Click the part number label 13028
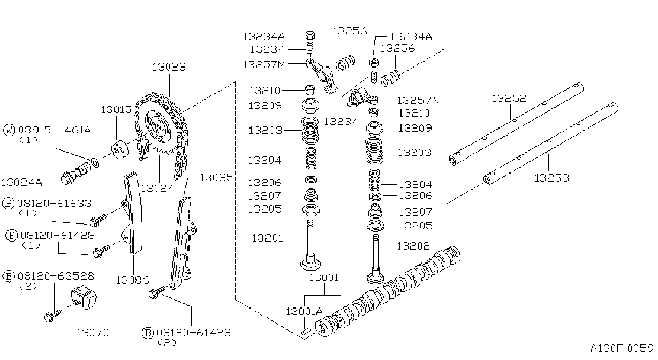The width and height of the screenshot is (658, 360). click(169, 67)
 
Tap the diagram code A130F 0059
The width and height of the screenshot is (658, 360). click(622, 349)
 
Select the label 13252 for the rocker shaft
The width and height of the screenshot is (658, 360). click(509, 99)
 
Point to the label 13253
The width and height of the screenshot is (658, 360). click(551, 178)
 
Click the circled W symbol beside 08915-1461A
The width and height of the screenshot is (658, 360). click(9, 130)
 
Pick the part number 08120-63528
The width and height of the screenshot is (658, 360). click(56, 276)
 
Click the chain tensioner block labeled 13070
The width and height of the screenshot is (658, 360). click(84, 297)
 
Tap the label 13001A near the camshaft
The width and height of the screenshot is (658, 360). click(304, 311)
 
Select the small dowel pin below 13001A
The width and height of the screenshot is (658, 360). click(306, 332)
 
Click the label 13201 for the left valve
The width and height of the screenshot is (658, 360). click(267, 238)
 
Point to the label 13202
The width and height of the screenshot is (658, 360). click(413, 246)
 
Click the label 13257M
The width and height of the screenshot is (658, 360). click(264, 65)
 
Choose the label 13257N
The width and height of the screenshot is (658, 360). click(418, 101)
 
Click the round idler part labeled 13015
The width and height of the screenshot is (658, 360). click(120, 151)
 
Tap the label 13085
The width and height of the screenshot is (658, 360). click(216, 177)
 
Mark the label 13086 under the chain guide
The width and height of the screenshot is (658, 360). click(132, 280)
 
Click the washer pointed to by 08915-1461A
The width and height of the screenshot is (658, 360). click(95, 162)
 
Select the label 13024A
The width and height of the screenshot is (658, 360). click(22, 183)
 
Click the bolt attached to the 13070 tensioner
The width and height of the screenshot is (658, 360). click(52, 316)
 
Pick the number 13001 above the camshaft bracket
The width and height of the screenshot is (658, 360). click(324, 277)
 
